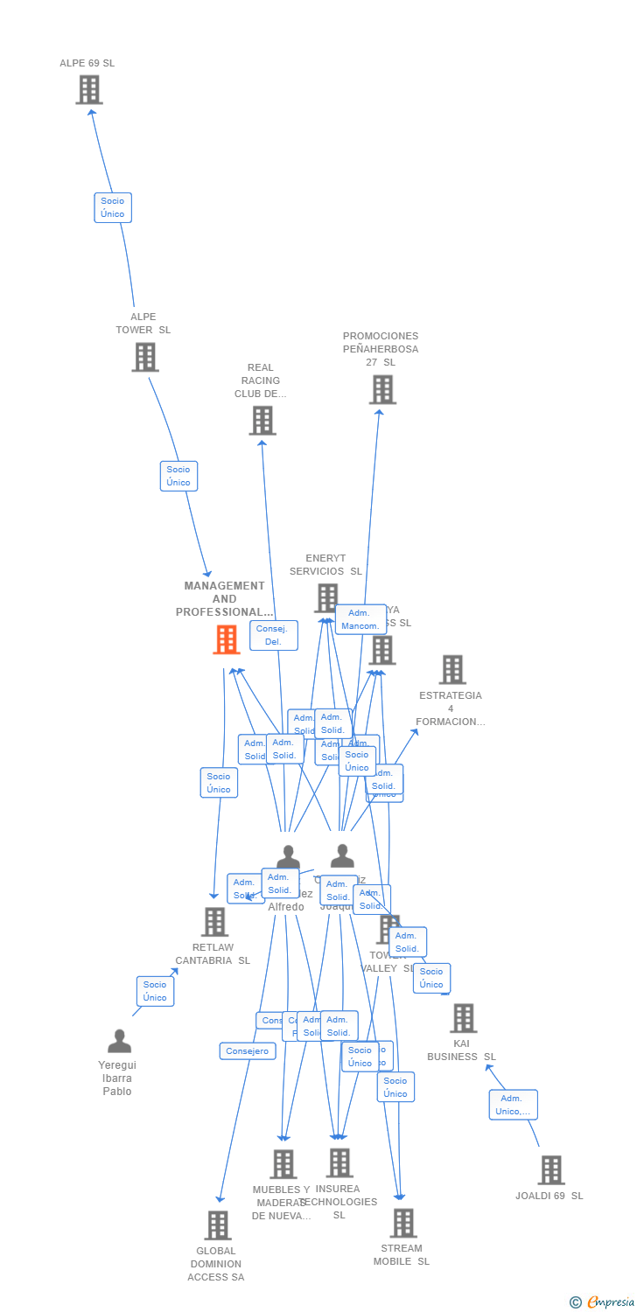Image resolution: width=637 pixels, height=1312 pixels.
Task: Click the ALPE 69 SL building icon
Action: tap(89, 90)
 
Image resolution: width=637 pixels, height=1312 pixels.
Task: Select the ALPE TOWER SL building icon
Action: tap(145, 357)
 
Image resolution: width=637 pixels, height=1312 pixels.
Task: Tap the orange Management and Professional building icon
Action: tap(226, 639)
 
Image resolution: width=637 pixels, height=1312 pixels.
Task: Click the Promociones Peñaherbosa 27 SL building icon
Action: tap(382, 389)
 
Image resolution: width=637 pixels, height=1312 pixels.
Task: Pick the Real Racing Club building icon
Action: tap(262, 421)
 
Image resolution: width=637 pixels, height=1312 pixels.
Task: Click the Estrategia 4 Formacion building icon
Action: tap(452, 670)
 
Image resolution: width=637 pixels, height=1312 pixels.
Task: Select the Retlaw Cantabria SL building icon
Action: tap(214, 922)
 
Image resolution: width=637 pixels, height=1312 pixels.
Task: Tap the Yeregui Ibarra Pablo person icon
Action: tap(119, 1042)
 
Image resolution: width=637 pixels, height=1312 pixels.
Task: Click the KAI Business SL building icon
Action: tap(463, 1018)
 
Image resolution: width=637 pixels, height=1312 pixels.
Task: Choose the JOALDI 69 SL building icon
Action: tap(551, 1169)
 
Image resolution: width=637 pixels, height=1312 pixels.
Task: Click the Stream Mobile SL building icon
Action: tap(402, 1223)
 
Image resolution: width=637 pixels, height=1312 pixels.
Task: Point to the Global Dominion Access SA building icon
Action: tap(218, 1225)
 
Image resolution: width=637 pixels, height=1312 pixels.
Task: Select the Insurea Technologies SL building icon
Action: tap(339, 1163)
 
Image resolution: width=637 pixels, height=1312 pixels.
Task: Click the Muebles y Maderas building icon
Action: tap(283, 1164)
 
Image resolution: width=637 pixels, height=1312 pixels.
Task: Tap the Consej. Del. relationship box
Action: tap(274, 636)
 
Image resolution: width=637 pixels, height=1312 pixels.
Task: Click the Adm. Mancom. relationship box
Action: tap(360, 619)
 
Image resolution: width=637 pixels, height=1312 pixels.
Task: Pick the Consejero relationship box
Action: tap(248, 1051)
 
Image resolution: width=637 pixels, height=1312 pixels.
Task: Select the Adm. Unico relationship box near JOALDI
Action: tap(514, 1105)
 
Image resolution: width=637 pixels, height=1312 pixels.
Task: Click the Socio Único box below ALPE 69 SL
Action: tap(113, 207)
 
